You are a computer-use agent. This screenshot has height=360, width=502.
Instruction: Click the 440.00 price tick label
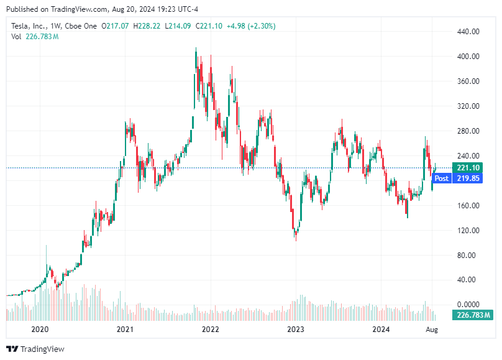tap(468, 32)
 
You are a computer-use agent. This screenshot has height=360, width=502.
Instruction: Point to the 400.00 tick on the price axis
tap(468, 57)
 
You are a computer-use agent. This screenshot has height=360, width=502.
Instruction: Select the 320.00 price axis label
tap(468, 106)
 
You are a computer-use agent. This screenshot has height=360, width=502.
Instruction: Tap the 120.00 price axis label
tap(468, 231)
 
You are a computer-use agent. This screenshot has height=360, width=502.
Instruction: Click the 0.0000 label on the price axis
tap(468, 305)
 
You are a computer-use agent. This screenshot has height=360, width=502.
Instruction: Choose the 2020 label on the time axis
tap(40, 329)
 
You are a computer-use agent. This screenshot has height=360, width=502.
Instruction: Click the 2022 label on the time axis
tap(211, 329)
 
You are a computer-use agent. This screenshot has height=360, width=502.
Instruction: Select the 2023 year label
tap(296, 329)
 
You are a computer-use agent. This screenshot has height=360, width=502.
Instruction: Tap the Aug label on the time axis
tap(431, 329)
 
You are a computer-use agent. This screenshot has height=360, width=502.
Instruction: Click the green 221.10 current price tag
tap(467, 168)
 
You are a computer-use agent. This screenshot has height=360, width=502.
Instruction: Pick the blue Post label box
tap(441, 178)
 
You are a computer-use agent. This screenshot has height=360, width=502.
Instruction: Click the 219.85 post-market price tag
tap(467, 178)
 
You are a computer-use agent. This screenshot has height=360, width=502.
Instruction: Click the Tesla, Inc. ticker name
tap(31, 26)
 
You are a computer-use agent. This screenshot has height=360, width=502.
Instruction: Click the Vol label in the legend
tap(16, 37)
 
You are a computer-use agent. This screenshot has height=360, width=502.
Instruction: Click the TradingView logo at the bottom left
tap(35, 349)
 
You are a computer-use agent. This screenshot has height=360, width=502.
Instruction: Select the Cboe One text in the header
tap(83, 26)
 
